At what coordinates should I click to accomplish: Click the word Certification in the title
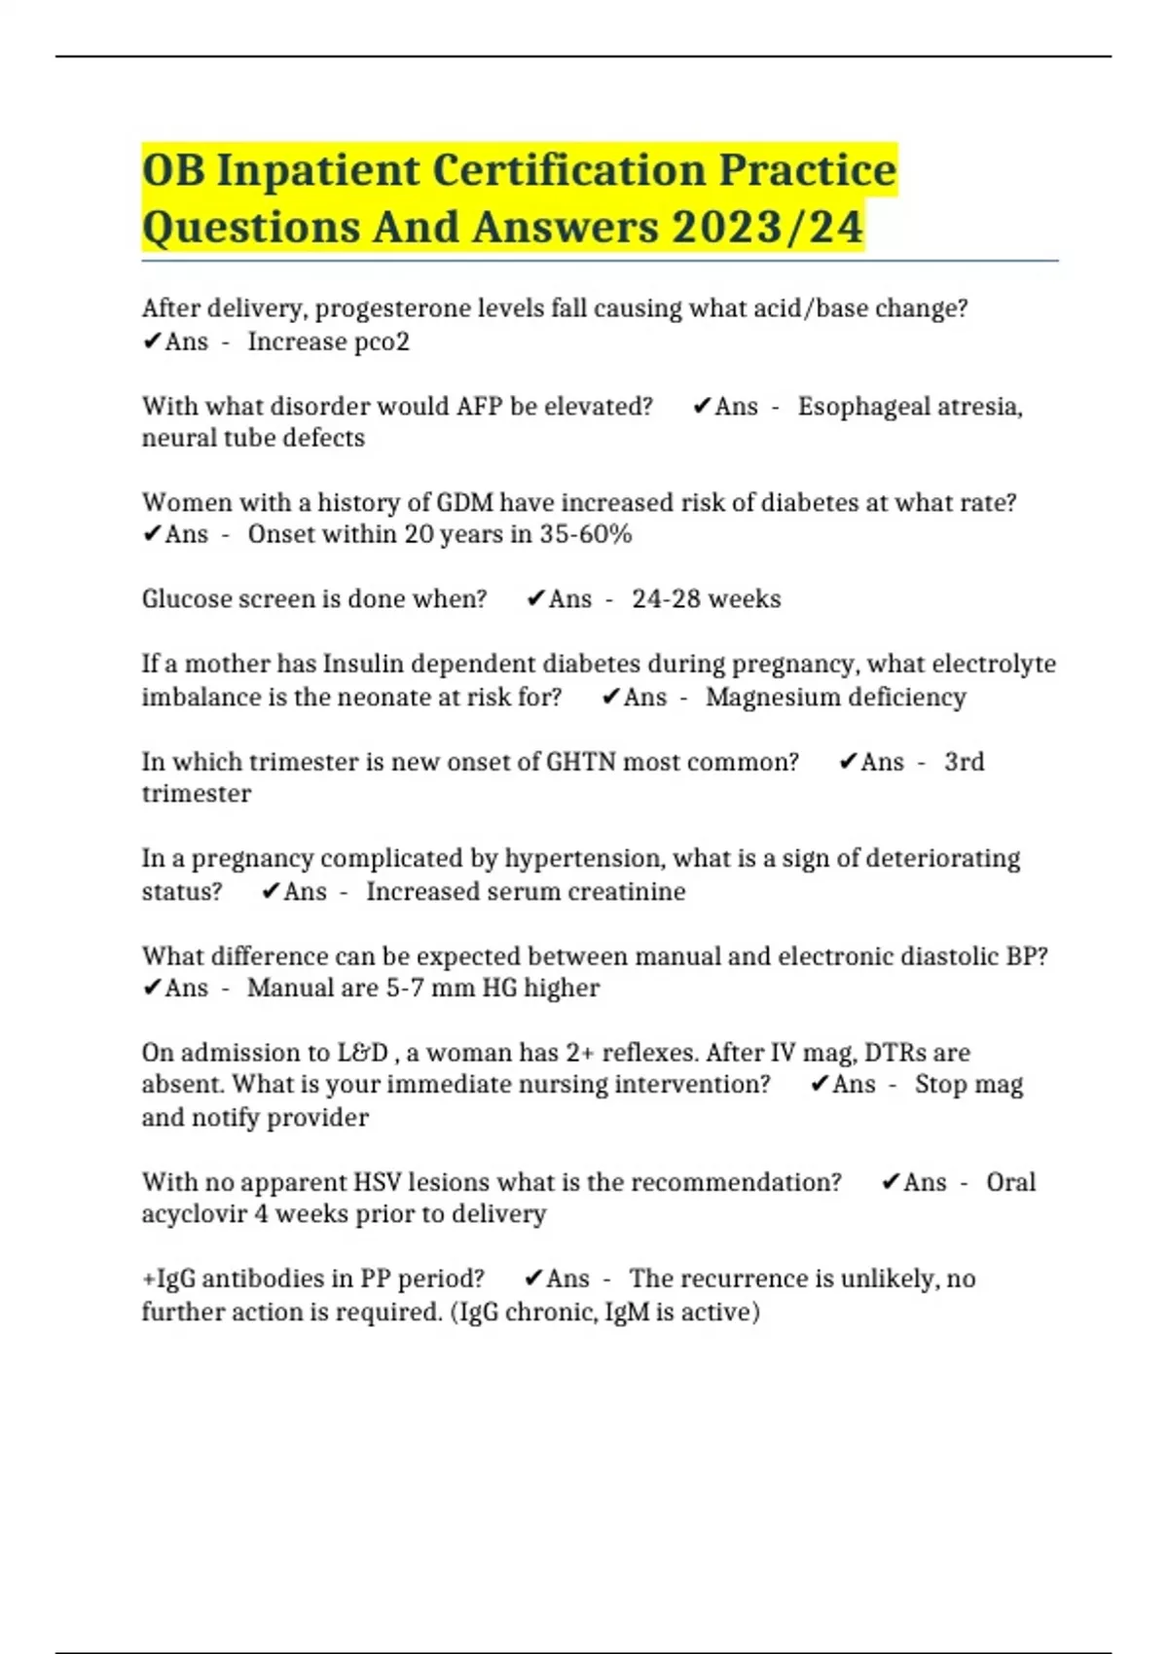click(567, 170)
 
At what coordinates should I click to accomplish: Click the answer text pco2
click(376, 342)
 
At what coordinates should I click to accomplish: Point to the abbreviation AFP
click(479, 406)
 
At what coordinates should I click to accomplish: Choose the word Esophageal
click(860, 406)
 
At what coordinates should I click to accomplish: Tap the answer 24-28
click(666, 598)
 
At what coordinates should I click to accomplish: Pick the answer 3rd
click(964, 761)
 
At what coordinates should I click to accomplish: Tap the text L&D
click(363, 1053)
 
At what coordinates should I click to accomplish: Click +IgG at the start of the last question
click(168, 1278)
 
